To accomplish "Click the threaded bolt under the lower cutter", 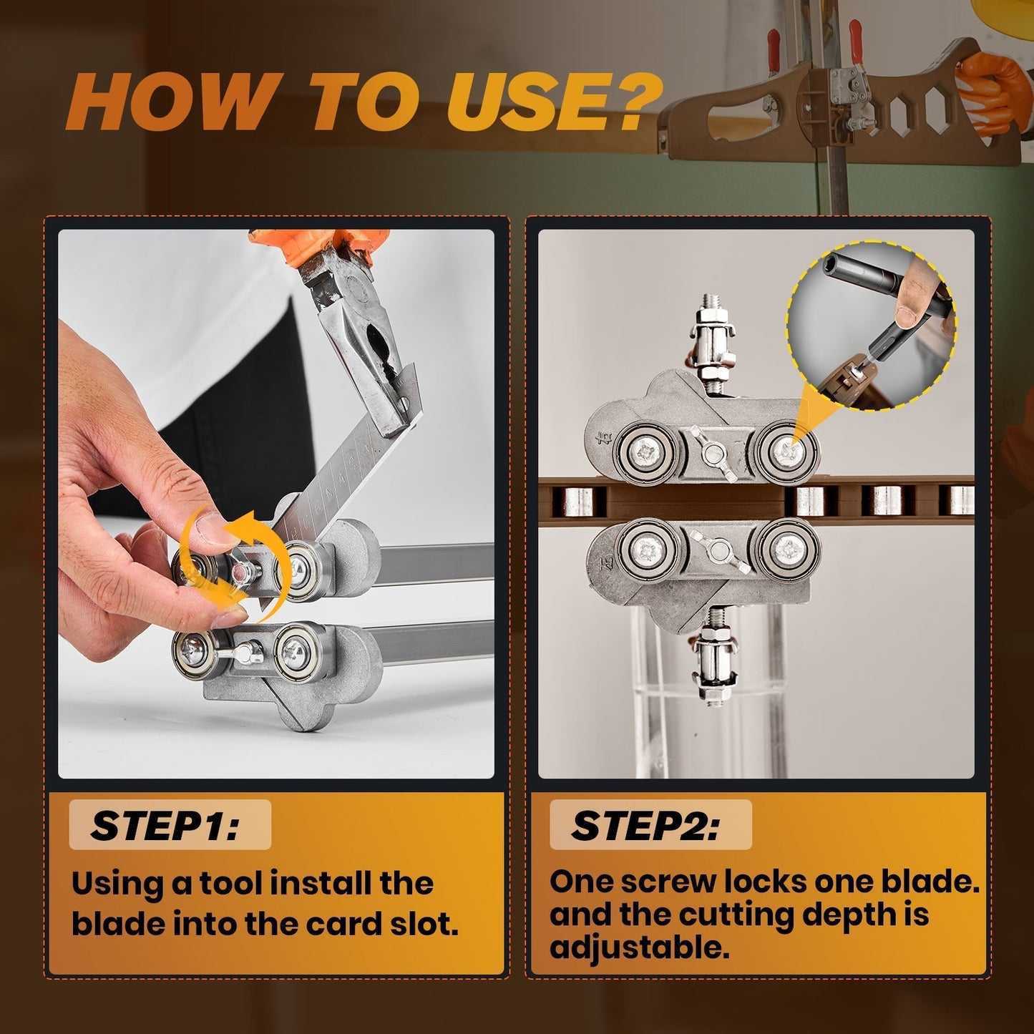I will pos(713,658).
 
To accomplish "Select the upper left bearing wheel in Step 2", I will pos(648,451).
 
